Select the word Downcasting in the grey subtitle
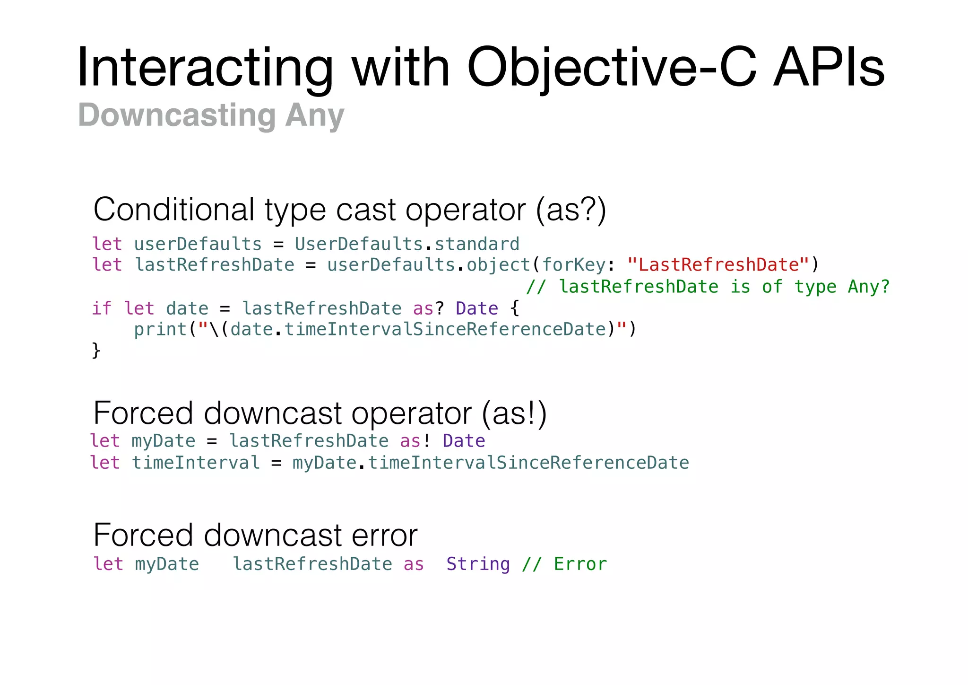pyautogui.click(x=177, y=115)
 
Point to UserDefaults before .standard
pyautogui.click(x=359, y=244)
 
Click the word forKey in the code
pyautogui.click(x=574, y=265)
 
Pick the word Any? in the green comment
pyautogui.click(x=869, y=287)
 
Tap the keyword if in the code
pyautogui.click(x=102, y=308)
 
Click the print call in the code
pyautogui.click(x=160, y=329)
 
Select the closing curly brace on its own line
pyautogui.click(x=96, y=351)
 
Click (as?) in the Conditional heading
pyautogui.click(x=571, y=210)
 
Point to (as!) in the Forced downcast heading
pyautogui.click(x=514, y=413)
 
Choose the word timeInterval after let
pyautogui.click(x=196, y=463)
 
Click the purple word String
pyautogui.click(x=478, y=564)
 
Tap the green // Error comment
pyautogui.click(x=564, y=564)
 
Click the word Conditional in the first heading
pyautogui.click(x=174, y=210)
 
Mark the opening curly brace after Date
pyautogui.click(x=515, y=308)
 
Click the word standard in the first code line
pyautogui.click(x=477, y=244)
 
